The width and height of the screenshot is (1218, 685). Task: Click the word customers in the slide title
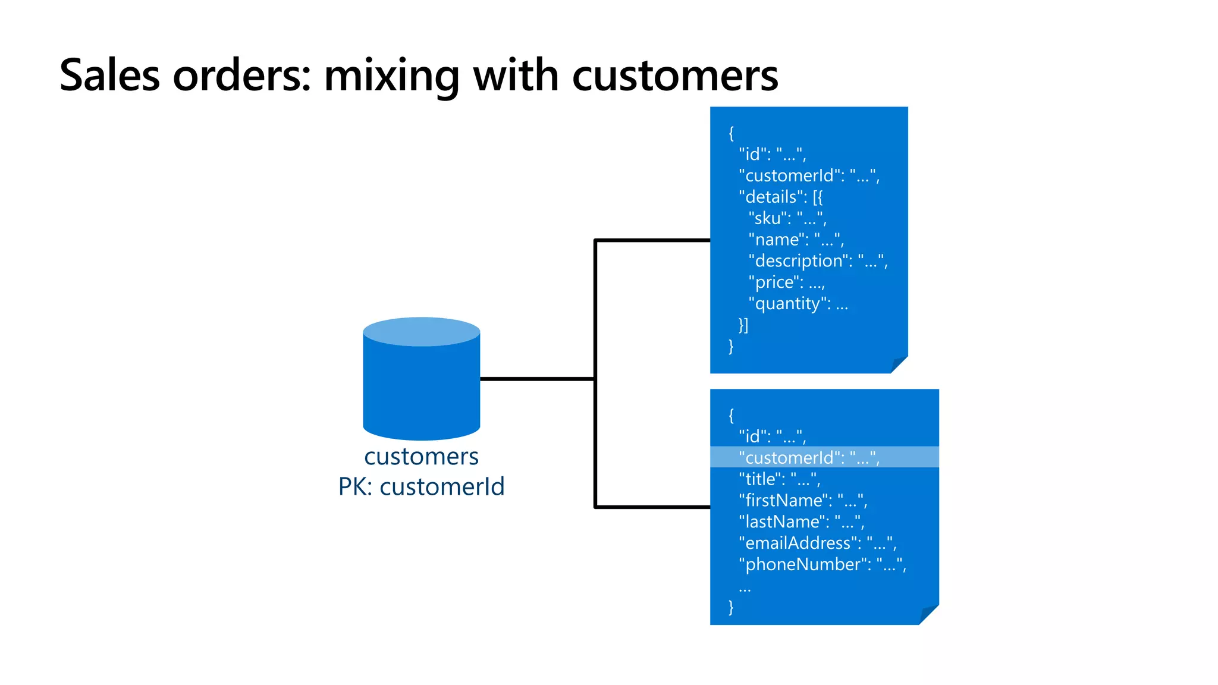(674, 76)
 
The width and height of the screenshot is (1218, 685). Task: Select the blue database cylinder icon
(421, 381)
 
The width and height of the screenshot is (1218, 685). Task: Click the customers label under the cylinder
(421, 457)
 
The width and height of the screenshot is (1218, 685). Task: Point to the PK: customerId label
(421, 487)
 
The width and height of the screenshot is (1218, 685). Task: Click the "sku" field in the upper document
(787, 218)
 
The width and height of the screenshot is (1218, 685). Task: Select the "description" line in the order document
(818, 261)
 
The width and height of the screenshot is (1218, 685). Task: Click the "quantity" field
(798, 304)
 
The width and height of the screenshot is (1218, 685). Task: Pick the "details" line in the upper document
(780, 197)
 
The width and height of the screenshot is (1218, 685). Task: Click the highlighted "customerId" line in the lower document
(809, 457)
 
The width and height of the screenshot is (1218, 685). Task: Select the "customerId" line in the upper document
(809, 175)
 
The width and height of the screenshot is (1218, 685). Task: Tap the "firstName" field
(803, 501)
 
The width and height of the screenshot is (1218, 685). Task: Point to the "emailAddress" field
(817, 543)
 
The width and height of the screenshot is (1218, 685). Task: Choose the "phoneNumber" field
(822, 565)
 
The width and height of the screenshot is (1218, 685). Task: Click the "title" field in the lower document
(779, 479)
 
